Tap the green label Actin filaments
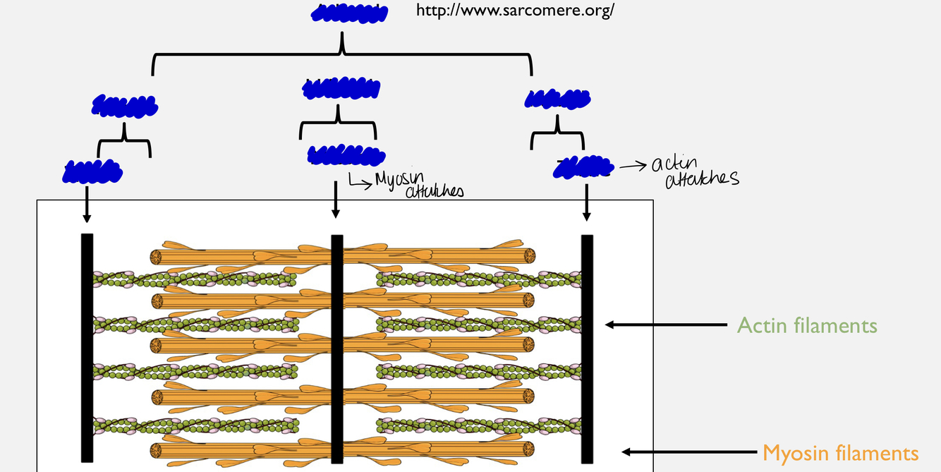807,325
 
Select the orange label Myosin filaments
841,452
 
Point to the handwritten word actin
673,164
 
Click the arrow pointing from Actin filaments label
666,325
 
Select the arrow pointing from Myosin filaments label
687,452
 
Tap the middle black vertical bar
337,349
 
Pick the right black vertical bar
587,349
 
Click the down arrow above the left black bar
86,205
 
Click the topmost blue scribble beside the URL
349,15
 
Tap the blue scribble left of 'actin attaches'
583,167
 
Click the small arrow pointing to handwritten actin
632,167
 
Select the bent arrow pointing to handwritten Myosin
359,183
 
